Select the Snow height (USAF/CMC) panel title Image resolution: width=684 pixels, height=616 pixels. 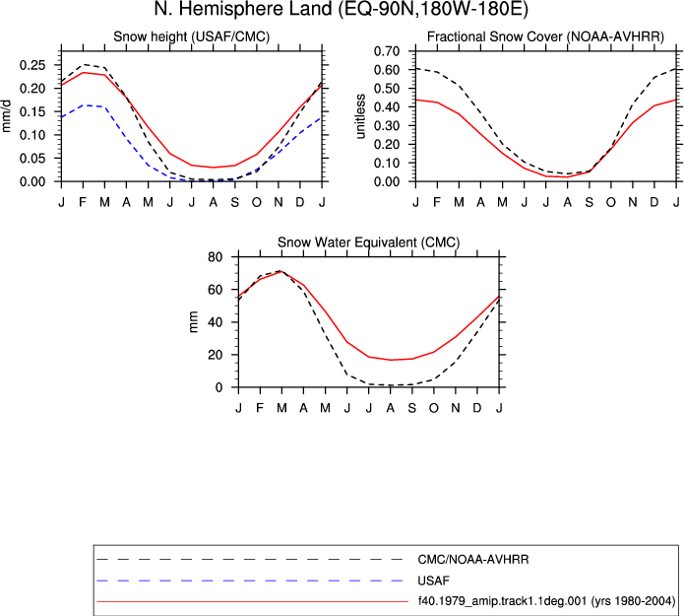tap(192, 36)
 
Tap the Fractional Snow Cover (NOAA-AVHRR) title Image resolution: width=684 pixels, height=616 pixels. tap(545, 36)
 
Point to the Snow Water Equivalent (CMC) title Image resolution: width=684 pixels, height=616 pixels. tap(369, 242)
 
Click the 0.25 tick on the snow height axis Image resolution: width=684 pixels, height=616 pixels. tap(32, 65)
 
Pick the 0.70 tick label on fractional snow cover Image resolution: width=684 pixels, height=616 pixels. tap(387, 51)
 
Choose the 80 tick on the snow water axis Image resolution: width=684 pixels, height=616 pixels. tap(216, 257)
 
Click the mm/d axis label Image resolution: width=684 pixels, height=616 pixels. tap(7, 115)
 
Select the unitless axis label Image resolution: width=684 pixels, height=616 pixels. tap(360, 116)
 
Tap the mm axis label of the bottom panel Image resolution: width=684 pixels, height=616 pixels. tap(194, 322)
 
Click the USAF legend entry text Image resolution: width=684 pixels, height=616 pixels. tap(433, 581)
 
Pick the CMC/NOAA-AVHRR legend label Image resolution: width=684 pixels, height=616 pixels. tap(472, 560)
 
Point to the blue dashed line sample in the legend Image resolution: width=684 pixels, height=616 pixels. tap(250, 581)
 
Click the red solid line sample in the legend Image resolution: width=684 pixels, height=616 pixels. tap(253, 601)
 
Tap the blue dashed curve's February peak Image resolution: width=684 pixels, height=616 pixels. tap(83, 105)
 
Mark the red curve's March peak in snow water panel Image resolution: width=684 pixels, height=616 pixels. tap(281, 271)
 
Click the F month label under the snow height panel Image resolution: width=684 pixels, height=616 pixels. tap(83, 202)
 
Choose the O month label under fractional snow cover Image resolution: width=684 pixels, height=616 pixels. tap(611, 202)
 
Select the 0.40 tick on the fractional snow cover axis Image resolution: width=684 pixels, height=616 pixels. tap(387, 107)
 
